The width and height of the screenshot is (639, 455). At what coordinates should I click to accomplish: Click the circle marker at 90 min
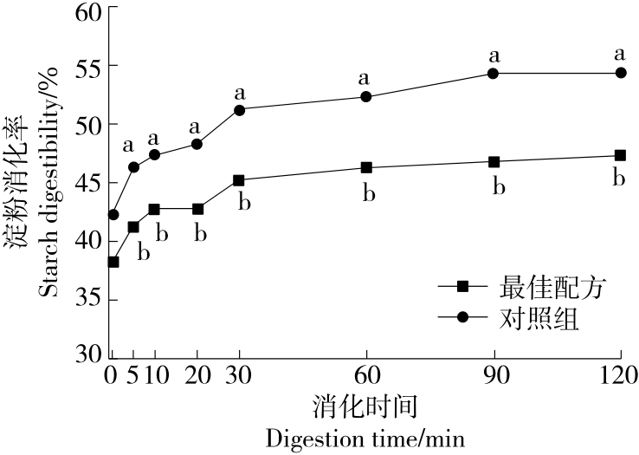[494, 74]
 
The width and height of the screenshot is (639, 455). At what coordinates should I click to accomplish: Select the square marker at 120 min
[620, 156]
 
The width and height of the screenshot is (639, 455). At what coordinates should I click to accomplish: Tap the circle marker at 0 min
[113, 214]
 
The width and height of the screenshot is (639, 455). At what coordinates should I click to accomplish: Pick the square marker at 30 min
[239, 180]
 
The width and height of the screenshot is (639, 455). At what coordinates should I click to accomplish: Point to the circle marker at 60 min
[365, 97]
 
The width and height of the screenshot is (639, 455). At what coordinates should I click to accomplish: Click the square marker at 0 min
[113, 262]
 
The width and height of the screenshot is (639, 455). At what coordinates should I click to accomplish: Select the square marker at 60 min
[365, 167]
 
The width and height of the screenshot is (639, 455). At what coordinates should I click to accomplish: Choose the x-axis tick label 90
[494, 377]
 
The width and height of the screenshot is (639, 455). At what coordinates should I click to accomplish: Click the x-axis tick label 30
[239, 377]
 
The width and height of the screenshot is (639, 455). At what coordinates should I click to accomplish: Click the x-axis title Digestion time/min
[365, 438]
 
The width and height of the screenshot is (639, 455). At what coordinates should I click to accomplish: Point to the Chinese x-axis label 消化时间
[365, 406]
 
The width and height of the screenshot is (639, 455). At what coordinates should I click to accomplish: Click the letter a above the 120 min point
[620, 54]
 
